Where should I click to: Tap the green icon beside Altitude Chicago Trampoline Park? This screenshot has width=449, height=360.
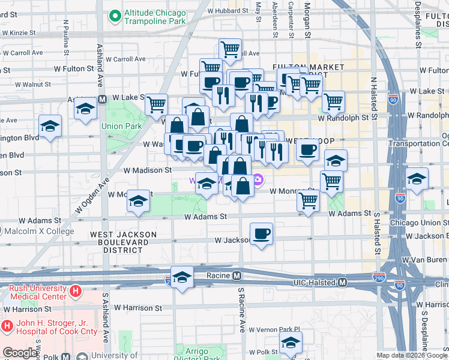coord(113,14)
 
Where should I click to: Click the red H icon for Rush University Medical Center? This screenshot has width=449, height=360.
coord(76,292)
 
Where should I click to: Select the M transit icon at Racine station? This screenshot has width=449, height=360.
coord(237,276)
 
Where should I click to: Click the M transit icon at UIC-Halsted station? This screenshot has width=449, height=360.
coord(343,282)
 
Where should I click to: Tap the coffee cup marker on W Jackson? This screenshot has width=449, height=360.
coord(261,234)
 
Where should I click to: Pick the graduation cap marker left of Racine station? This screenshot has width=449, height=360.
coord(182,277)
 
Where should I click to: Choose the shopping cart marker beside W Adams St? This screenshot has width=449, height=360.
coord(309,202)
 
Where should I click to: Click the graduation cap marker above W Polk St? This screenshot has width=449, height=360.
coord(291,343)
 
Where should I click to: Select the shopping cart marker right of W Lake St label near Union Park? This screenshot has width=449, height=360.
coord(156,104)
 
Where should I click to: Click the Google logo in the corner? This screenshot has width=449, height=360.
coord(20,353)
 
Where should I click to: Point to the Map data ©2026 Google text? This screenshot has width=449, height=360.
coord(411,355)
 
